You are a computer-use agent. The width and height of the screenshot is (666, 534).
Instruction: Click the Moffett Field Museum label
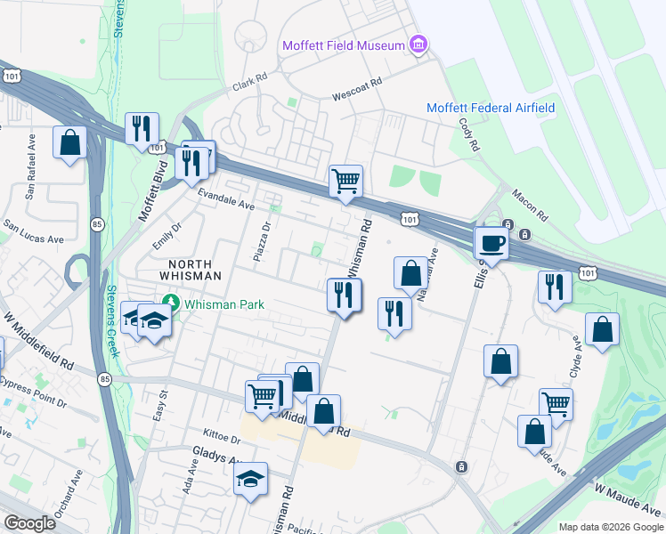click(x=343, y=45)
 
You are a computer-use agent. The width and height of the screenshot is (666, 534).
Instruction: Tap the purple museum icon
click(x=417, y=44)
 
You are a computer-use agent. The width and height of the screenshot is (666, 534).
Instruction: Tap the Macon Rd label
click(x=529, y=205)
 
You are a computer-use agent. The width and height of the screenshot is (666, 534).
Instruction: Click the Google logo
click(x=30, y=523)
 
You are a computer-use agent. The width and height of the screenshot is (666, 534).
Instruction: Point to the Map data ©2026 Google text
click(x=610, y=527)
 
